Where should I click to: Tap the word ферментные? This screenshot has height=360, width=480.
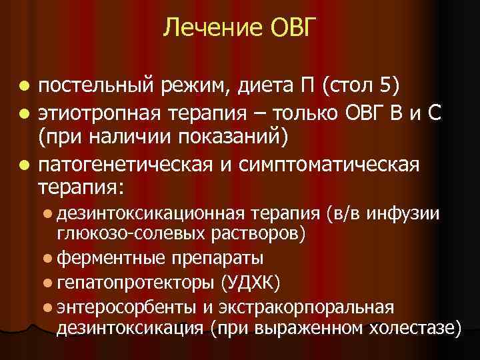click(111, 257)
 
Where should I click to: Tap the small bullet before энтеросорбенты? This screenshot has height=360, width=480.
click(49, 307)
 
